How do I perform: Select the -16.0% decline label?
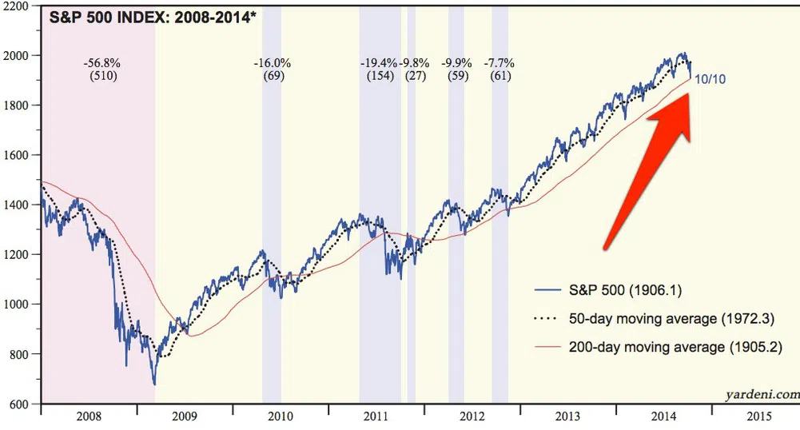(x=273, y=63)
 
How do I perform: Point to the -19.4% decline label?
(x=380, y=63)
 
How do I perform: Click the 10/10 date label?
(x=710, y=79)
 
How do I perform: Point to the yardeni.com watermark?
(x=761, y=394)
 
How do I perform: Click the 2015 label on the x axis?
(x=759, y=416)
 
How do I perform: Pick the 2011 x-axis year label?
(x=376, y=416)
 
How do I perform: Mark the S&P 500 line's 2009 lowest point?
(x=154, y=384)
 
